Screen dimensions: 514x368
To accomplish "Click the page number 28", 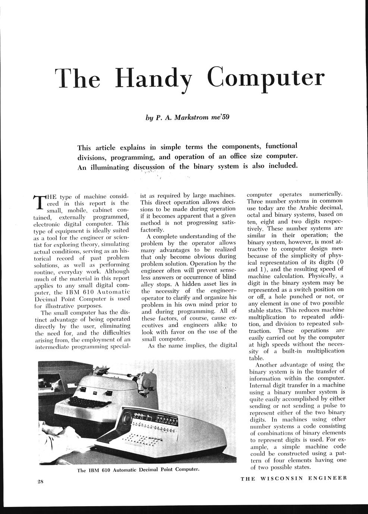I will (41, 481).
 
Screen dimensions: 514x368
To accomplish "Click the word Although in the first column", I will (117, 271).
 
